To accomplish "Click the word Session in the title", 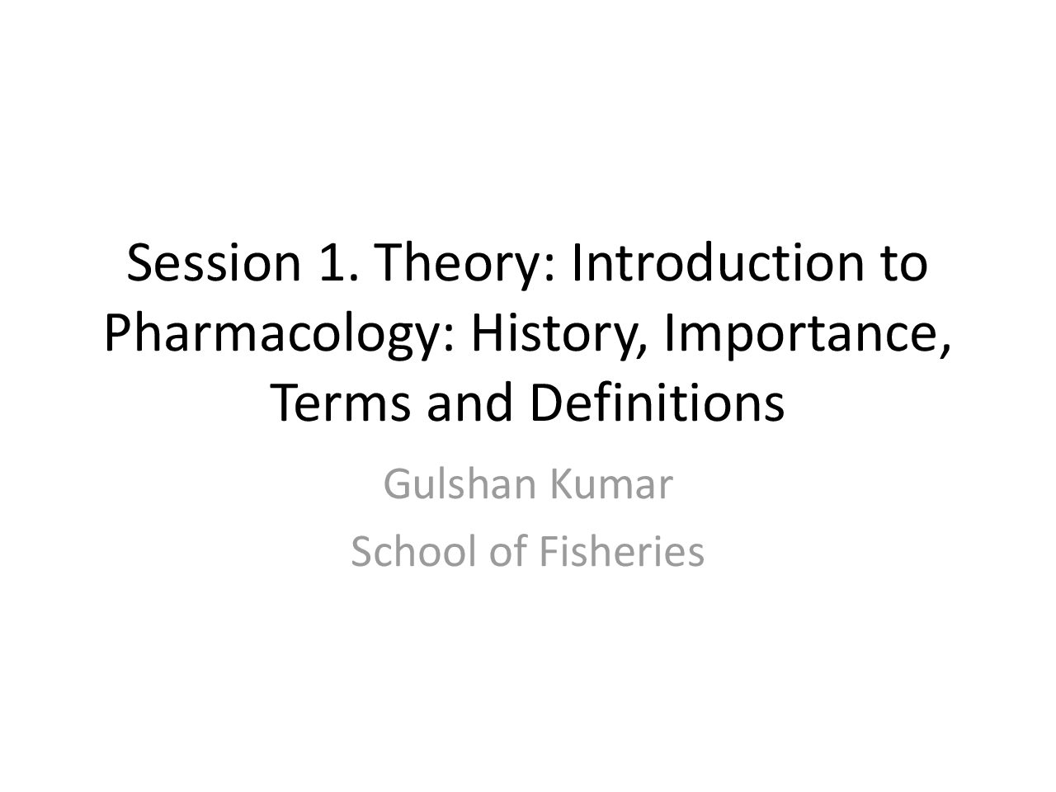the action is point(214,262).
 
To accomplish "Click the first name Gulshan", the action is point(460,485).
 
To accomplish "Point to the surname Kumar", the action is point(612,485).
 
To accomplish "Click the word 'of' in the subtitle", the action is point(509,552).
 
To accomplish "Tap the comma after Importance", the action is point(945,349).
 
